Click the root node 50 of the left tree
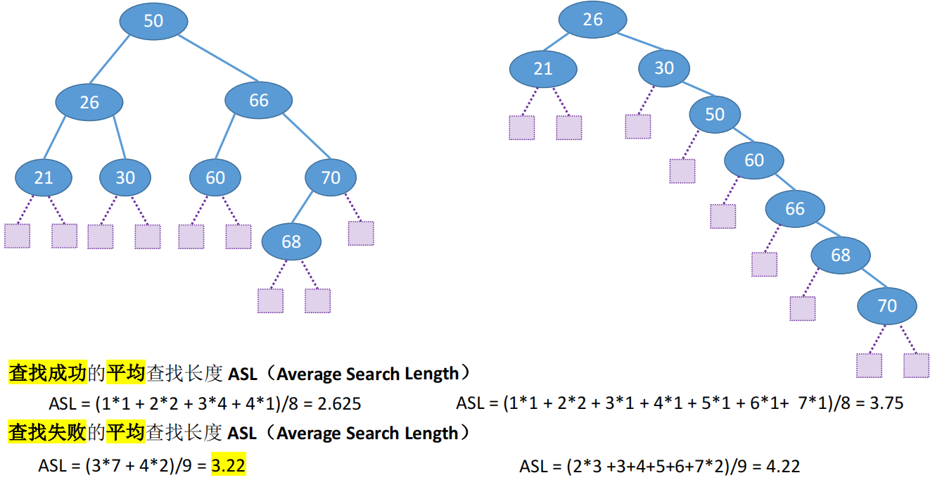pos(153,21)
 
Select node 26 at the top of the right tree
pos(593,19)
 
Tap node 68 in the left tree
pos(291,242)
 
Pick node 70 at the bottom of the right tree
pos(887,305)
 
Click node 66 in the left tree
pos(259,101)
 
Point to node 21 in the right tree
pos(543,69)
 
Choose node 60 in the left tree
pos(215,178)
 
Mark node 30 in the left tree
pos(125,178)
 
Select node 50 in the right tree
pos(715,114)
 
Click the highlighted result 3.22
pos(228,466)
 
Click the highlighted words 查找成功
pos(47,373)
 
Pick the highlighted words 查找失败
pos(47,433)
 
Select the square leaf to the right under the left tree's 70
pos(361,233)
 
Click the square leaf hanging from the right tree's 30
pos(638,126)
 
